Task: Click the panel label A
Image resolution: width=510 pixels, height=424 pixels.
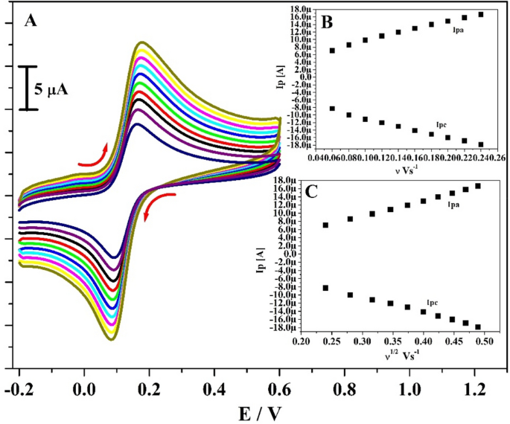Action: [x=31, y=21]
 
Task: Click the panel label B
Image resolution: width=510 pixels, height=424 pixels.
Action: [x=326, y=22]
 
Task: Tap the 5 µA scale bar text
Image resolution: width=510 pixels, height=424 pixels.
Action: [x=51, y=90]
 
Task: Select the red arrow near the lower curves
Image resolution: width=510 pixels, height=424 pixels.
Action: [x=158, y=202]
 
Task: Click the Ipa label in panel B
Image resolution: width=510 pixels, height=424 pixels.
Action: [x=459, y=29]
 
